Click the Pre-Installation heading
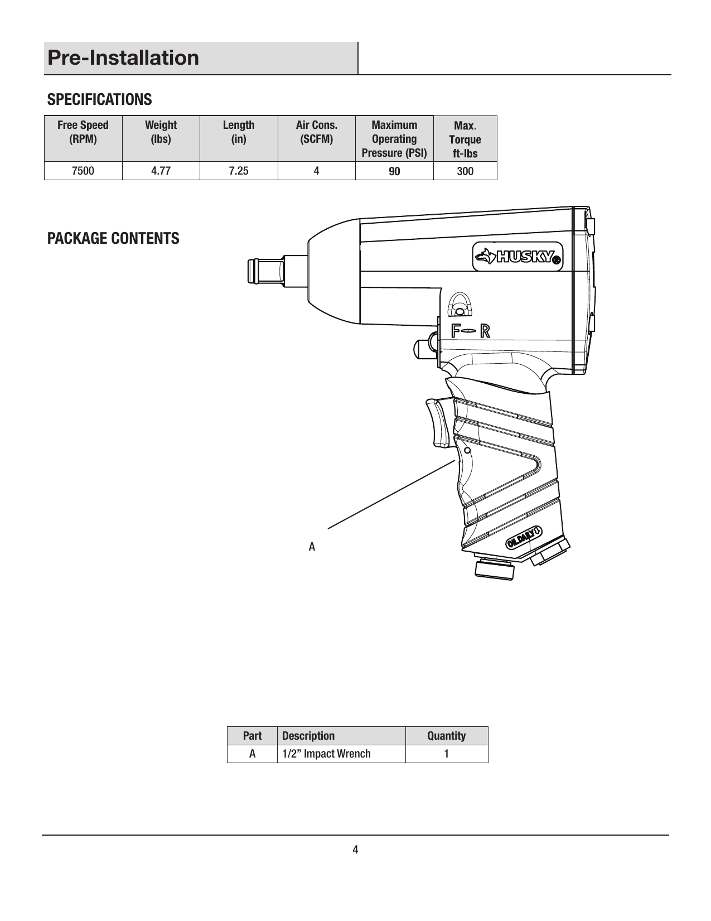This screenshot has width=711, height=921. (123, 58)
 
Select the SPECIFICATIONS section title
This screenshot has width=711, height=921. (99, 100)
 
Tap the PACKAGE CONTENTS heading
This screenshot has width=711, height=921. (113, 238)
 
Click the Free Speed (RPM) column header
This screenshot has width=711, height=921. (83, 132)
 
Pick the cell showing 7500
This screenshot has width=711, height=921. (83, 171)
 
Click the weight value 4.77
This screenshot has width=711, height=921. (161, 171)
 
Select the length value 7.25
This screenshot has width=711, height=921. (239, 171)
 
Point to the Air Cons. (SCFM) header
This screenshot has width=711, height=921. (316, 132)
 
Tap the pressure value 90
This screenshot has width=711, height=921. (394, 171)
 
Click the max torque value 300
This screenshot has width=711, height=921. (465, 171)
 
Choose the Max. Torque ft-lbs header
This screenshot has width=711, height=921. (465, 139)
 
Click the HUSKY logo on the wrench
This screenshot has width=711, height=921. (518, 257)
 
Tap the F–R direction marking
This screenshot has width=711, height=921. (471, 331)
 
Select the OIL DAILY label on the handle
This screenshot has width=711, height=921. (524, 537)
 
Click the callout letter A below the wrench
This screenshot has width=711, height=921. (312, 547)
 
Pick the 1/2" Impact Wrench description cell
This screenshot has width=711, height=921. (326, 754)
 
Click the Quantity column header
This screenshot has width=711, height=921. (446, 736)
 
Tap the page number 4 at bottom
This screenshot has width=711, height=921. (355, 850)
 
